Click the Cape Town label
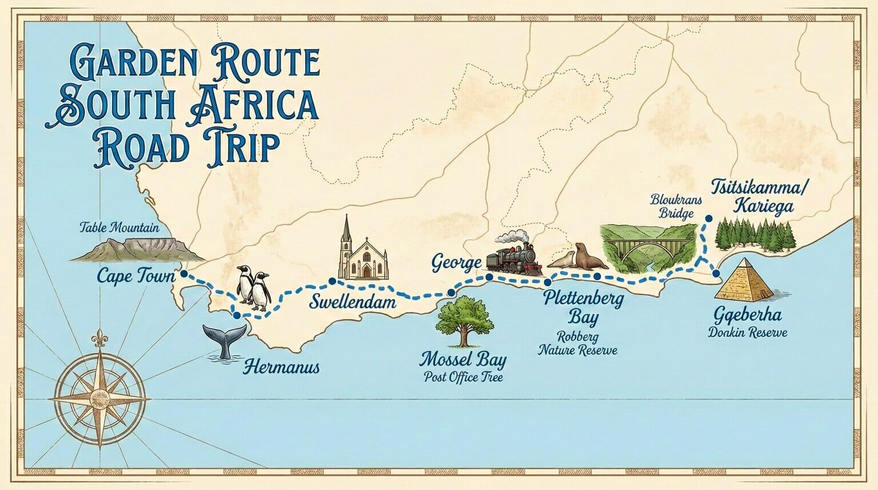click(135, 276)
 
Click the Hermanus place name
click(282, 366)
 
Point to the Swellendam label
click(353, 301)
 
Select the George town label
click(456, 264)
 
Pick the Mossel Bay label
click(463, 360)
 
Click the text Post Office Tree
click(463, 378)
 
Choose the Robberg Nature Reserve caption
click(577, 344)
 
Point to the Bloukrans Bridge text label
click(672, 206)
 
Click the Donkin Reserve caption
click(748, 333)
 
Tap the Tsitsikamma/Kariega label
click(752, 196)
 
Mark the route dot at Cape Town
click(183, 274)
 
